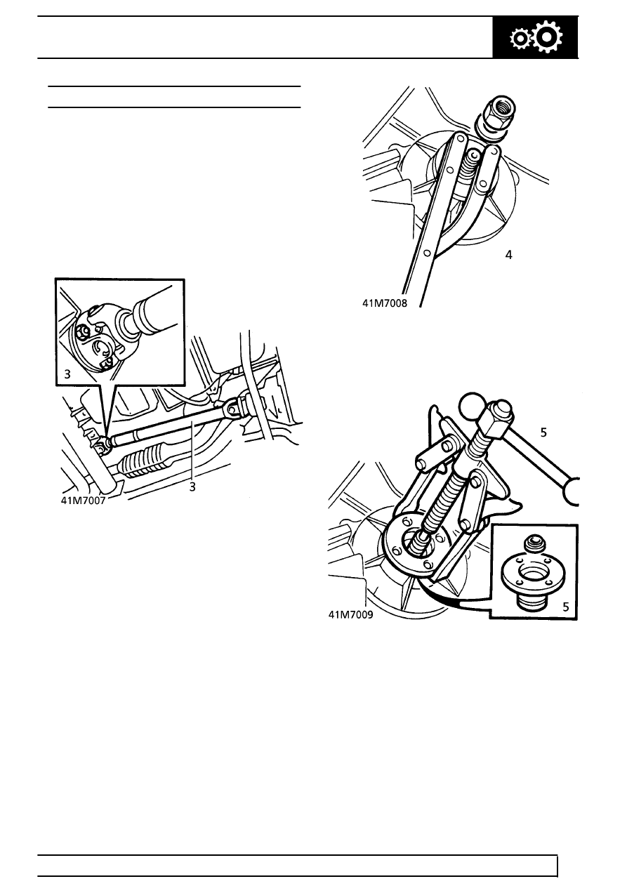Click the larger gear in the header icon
click(x=548, y=37)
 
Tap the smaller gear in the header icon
click(x=520, y=39)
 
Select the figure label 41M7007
click(x=83, y=501)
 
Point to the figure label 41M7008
click(x=385, y=303)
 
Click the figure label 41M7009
click(x=350, y=615)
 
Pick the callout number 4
click(x=509, y=256)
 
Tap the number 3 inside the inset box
click(x=67, y=374)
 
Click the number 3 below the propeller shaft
click(x=192, y=487)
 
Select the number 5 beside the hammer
click(x=543, y=432)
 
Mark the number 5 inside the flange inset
click(x=566, y=607)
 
